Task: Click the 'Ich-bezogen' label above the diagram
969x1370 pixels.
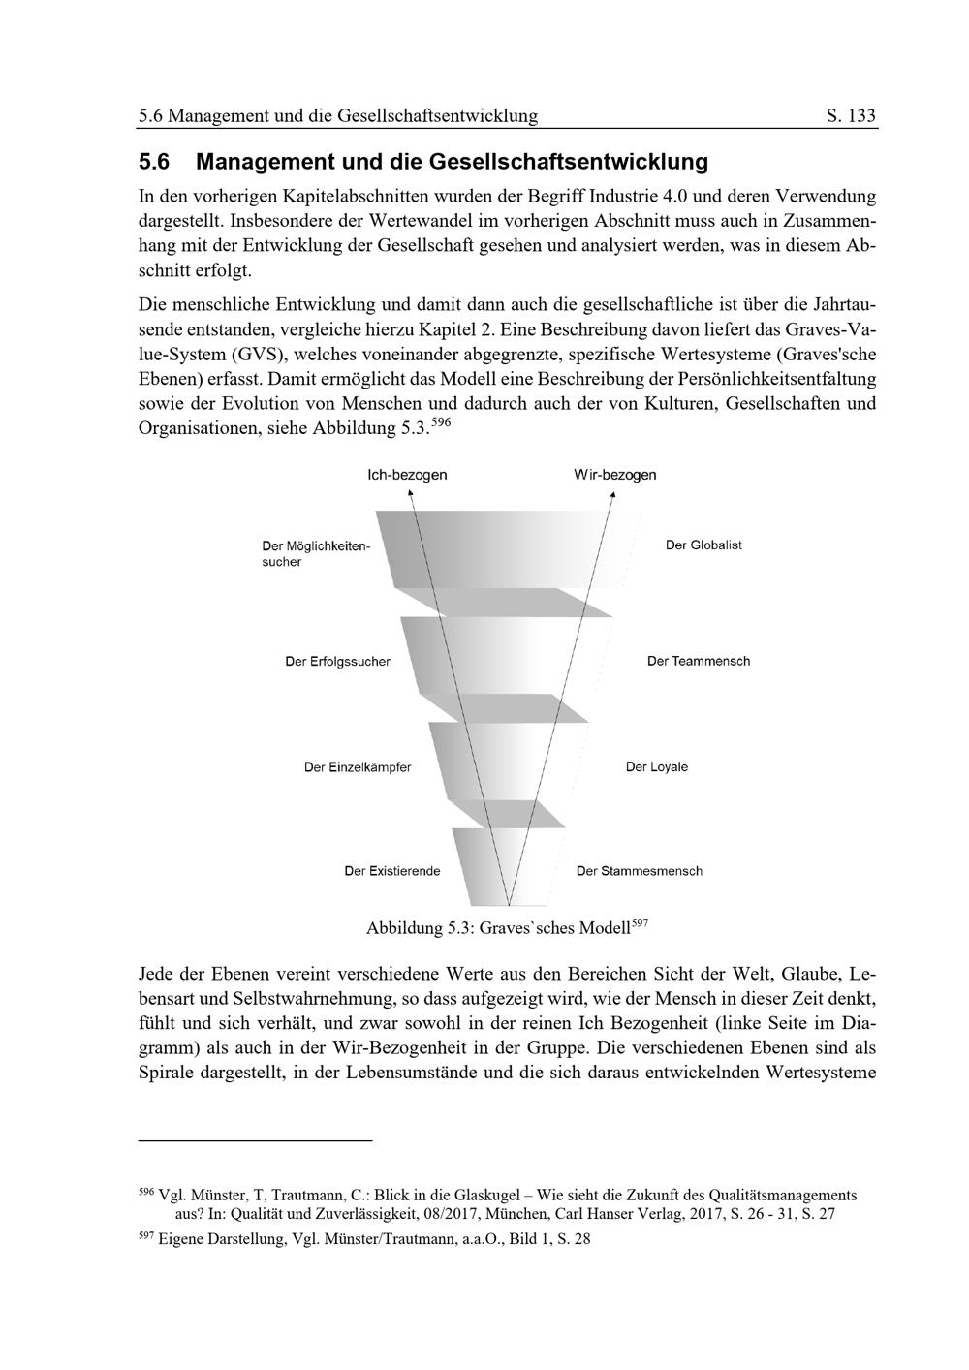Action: [407, 475]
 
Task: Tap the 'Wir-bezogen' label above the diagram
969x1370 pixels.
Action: [614, 475]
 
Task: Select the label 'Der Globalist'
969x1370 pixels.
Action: [703, 545]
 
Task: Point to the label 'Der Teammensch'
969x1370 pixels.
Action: [699, 662]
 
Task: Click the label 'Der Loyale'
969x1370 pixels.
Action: [657, 767]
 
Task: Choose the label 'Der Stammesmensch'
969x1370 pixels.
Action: [640, 871]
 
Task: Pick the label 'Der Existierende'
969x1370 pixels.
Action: [392, 871]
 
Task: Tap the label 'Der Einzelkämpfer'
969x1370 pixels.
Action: [358, 767]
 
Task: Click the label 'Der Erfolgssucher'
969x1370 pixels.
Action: [337, 662]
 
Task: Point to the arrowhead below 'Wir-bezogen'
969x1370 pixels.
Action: [612, 494]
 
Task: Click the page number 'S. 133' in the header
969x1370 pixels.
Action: [852, 117]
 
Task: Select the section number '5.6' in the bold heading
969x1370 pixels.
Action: [154, 161]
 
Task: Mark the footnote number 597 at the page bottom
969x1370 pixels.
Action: [147, 1236]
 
